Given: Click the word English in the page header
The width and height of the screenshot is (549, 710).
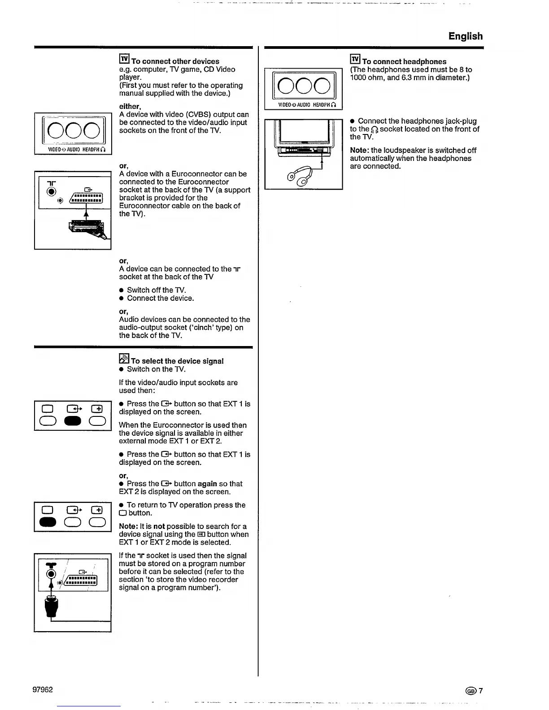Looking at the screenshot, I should (466, 36).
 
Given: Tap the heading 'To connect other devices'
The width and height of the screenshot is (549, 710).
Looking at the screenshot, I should (175, 61).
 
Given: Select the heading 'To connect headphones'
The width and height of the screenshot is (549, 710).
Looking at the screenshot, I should (404, 62).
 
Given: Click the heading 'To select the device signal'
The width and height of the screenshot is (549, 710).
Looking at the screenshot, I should (177, 361).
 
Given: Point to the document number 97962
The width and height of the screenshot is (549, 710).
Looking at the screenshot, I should (43, 689).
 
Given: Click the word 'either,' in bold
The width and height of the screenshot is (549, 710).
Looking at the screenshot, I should (130, 107).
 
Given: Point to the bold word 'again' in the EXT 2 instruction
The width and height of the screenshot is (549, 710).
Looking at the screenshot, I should (207, 484).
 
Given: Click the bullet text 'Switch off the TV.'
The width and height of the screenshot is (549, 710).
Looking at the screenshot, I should (156, 290).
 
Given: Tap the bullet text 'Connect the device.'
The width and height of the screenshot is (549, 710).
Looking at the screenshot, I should (160, 298).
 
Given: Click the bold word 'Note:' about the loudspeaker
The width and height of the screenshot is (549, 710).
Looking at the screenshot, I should (359, 151).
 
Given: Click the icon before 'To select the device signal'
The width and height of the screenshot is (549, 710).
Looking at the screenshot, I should (124, 359).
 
